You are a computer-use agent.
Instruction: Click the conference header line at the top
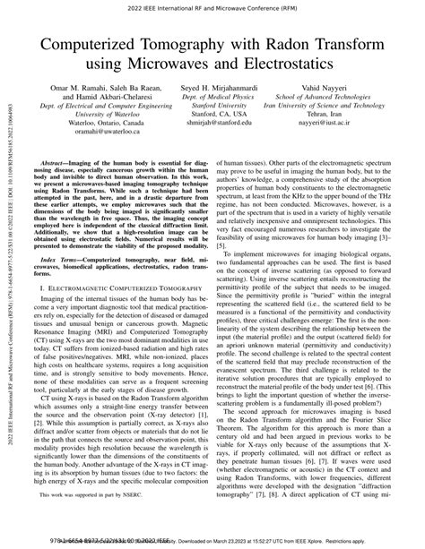tap(212, 12)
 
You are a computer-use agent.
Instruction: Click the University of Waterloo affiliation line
tap(94, 125)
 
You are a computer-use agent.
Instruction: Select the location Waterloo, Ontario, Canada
tap(94, 137)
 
